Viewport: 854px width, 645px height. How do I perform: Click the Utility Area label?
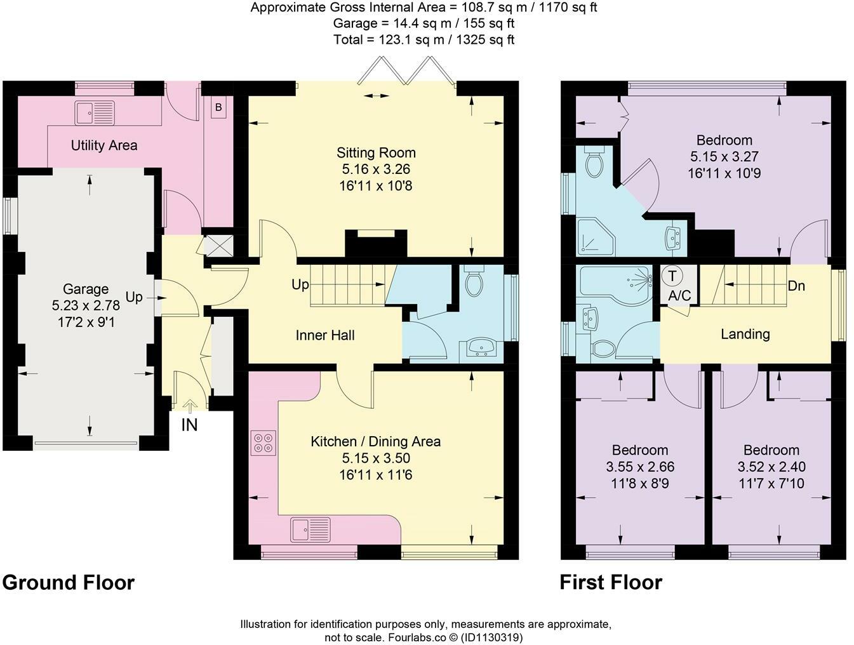click(103, 145)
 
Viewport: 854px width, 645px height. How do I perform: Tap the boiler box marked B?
click(218, 107)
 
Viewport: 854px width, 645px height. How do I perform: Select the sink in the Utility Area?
click(95, 112)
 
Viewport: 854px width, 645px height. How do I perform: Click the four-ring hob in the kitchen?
click(264, 442)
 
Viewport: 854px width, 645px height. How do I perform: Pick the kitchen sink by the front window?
click(310, 529)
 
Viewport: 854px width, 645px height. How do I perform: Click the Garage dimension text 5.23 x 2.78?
click(86, 305)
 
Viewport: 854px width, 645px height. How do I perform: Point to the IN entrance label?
click(189, 425)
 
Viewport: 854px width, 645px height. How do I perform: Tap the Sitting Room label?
click(376, 152)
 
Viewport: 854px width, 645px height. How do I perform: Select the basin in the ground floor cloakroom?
click(484, 347)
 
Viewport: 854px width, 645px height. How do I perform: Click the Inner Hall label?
click(325, 335)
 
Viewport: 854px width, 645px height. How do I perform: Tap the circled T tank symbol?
click(672, 276)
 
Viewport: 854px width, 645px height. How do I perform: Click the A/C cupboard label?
click(679, 295)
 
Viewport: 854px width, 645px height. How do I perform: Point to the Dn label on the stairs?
click(796, 286)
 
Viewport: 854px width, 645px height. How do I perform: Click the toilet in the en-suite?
click(595, 163)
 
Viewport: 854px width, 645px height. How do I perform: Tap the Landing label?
click(745, 334)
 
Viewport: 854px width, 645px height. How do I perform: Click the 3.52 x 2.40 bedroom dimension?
click(771, 467)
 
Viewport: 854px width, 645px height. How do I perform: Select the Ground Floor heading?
click(69, 582)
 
